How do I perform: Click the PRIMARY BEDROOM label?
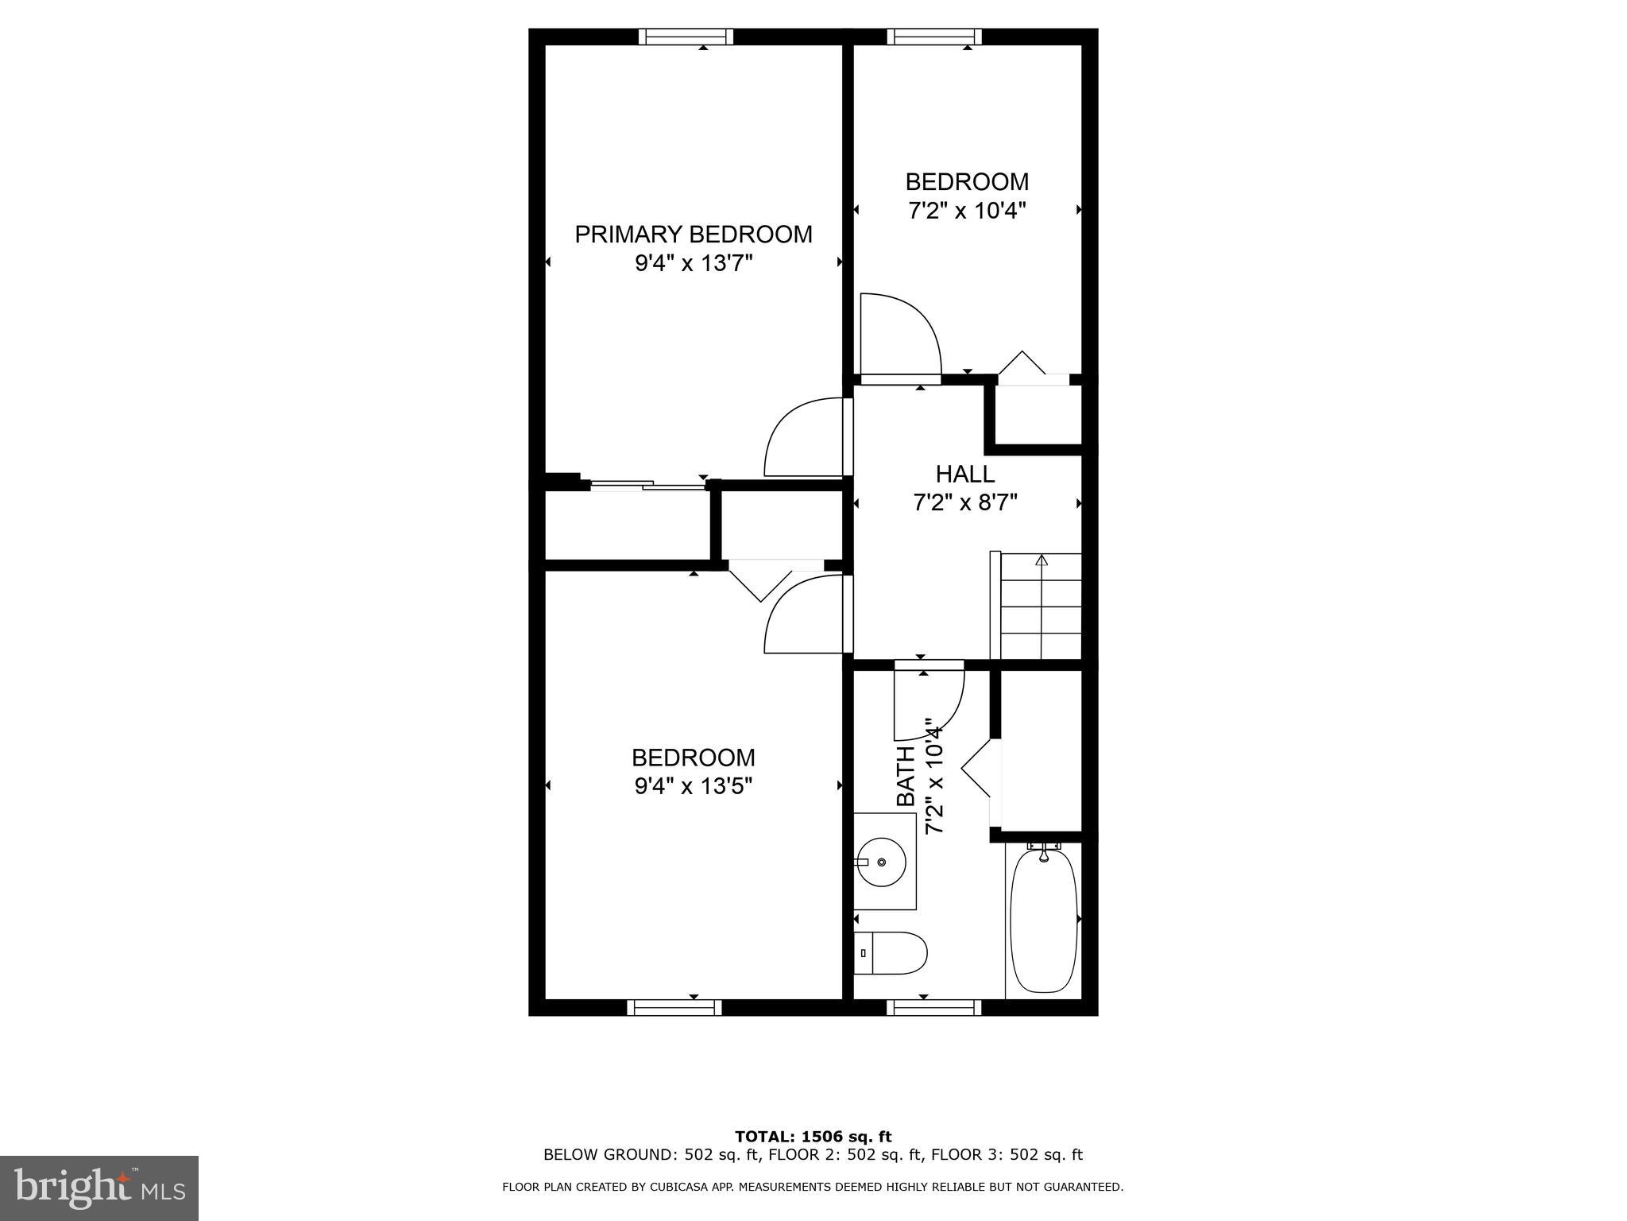[694, 235]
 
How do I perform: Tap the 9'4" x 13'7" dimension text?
[694, 263]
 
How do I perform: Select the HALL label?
[965, 475]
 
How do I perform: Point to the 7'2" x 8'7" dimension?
[965, 503]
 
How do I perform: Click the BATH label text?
[906, 777]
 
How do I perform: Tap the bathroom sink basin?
[881, 862]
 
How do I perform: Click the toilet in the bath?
[894, 953]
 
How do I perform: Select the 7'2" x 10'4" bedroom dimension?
[967, 211]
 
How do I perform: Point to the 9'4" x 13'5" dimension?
[694, 786]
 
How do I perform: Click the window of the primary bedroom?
[686, 37]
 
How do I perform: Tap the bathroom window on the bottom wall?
[933, 1008]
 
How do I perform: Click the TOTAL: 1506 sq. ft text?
[813, 1137]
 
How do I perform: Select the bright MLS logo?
[99, 1188]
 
